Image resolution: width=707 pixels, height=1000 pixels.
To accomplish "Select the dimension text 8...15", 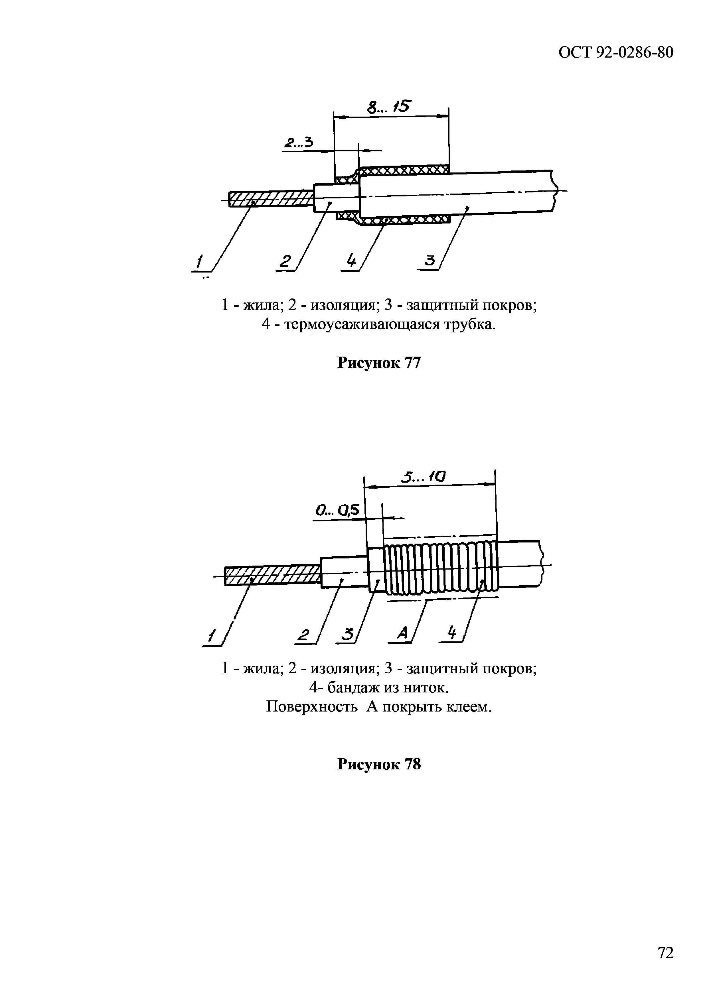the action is [389, 106].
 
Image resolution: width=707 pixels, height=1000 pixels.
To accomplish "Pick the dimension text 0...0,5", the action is [337, 510].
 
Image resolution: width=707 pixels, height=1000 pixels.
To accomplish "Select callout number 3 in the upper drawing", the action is [429, 261].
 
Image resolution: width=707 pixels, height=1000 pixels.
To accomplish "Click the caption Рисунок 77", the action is [379, 362].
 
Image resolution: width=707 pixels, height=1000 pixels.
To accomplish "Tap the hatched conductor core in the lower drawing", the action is [272, 575].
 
